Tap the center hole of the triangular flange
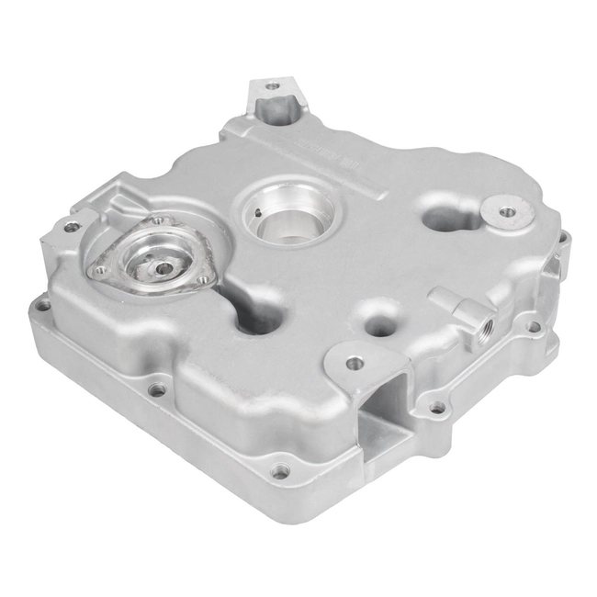coord(163,268)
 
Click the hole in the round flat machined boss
coord(507,213)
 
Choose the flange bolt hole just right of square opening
coord(437,407)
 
